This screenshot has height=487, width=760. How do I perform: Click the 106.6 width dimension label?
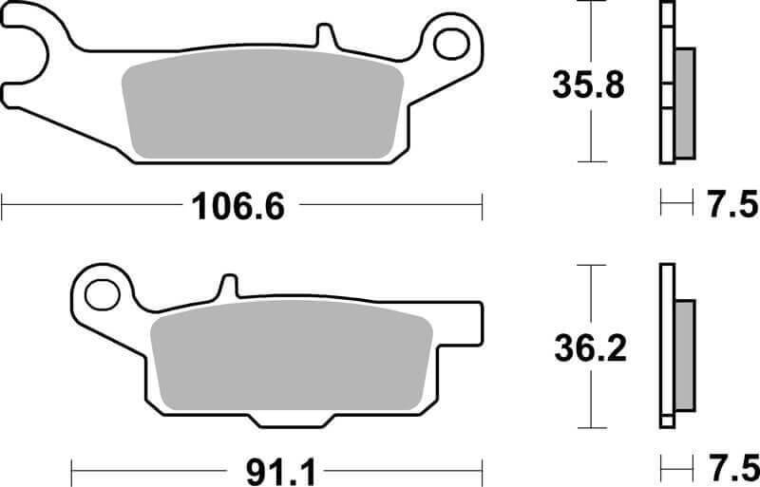[238, 204]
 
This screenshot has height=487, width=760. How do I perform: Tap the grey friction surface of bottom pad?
[290, 363]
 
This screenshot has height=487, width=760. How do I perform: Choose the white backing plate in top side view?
[666, 84]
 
